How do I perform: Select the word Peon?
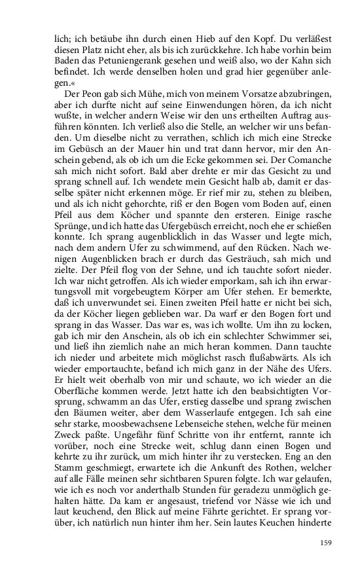click(90, 96)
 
